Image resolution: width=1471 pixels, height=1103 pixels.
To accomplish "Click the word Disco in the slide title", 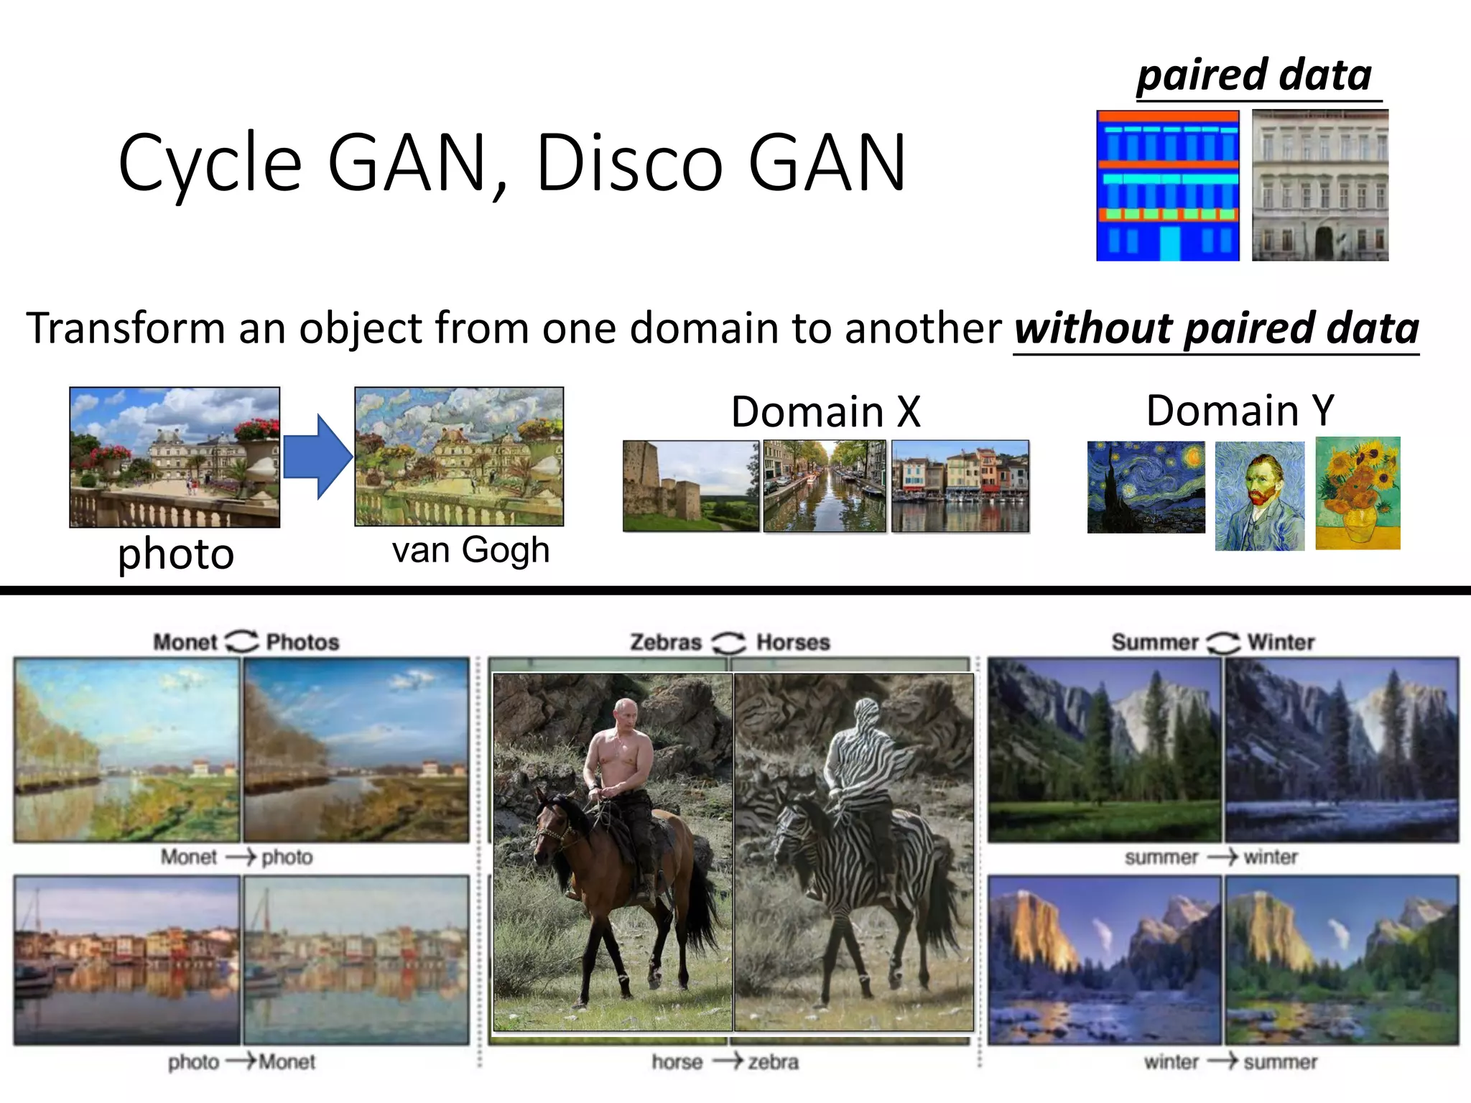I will coord(629,164).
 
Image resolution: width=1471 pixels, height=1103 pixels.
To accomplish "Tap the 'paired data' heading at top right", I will coord(1254,75).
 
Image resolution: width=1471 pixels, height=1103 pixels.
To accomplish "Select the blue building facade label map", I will coord(1168,185).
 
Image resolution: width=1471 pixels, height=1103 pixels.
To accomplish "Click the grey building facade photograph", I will coord(1320,185).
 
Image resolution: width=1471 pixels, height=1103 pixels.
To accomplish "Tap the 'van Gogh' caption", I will coord(471,551).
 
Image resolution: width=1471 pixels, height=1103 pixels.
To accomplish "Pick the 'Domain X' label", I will coord(825,411).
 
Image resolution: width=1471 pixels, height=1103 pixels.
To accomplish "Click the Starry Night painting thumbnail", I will coord(1146,487).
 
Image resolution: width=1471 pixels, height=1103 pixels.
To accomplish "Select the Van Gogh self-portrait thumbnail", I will coord(1260,495).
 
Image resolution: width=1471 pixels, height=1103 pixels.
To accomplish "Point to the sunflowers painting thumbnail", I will coord(1358,493).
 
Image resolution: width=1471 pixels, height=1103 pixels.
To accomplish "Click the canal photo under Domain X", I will coord(825,486).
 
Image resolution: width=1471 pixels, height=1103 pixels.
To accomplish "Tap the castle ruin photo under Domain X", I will coord(691,486).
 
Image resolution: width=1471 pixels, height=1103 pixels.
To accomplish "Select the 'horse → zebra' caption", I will coord(725,1061).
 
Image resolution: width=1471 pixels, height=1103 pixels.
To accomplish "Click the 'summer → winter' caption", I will coord(1211,857).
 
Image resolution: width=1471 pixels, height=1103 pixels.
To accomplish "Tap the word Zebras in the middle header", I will coord(666,642).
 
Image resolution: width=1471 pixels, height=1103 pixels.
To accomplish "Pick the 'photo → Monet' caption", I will coord(241,1061).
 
